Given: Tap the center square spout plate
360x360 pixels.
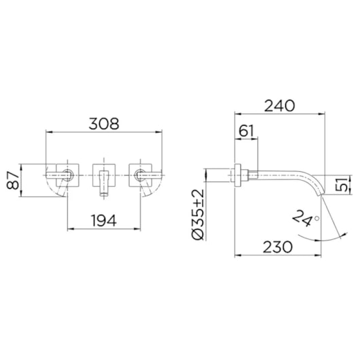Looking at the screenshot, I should tap(105, 175).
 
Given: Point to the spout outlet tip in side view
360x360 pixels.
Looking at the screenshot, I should tap(321, 194).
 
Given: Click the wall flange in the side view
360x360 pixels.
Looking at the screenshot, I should tap(238, 175).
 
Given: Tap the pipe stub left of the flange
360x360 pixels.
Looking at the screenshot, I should tap(218, 175).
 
